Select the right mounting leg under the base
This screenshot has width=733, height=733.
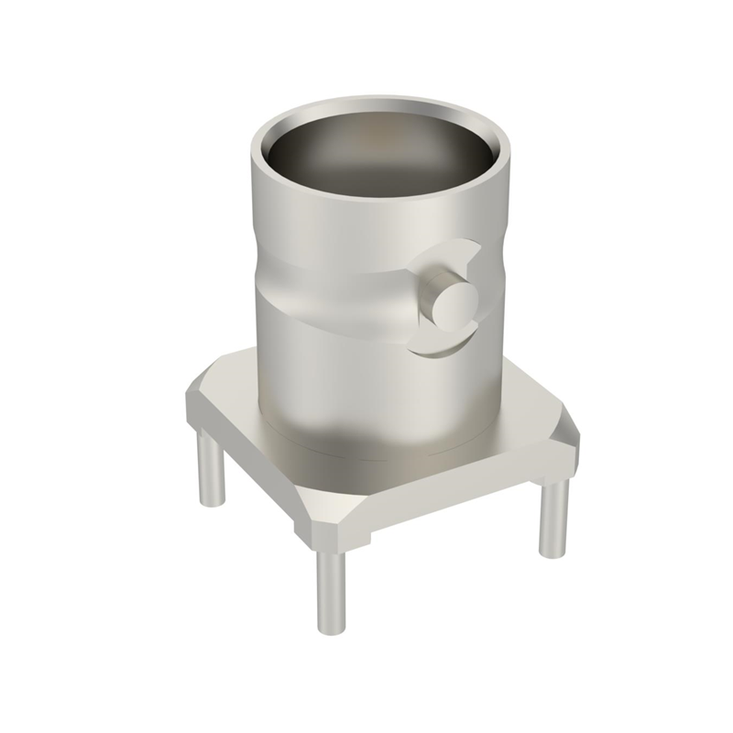552,518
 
